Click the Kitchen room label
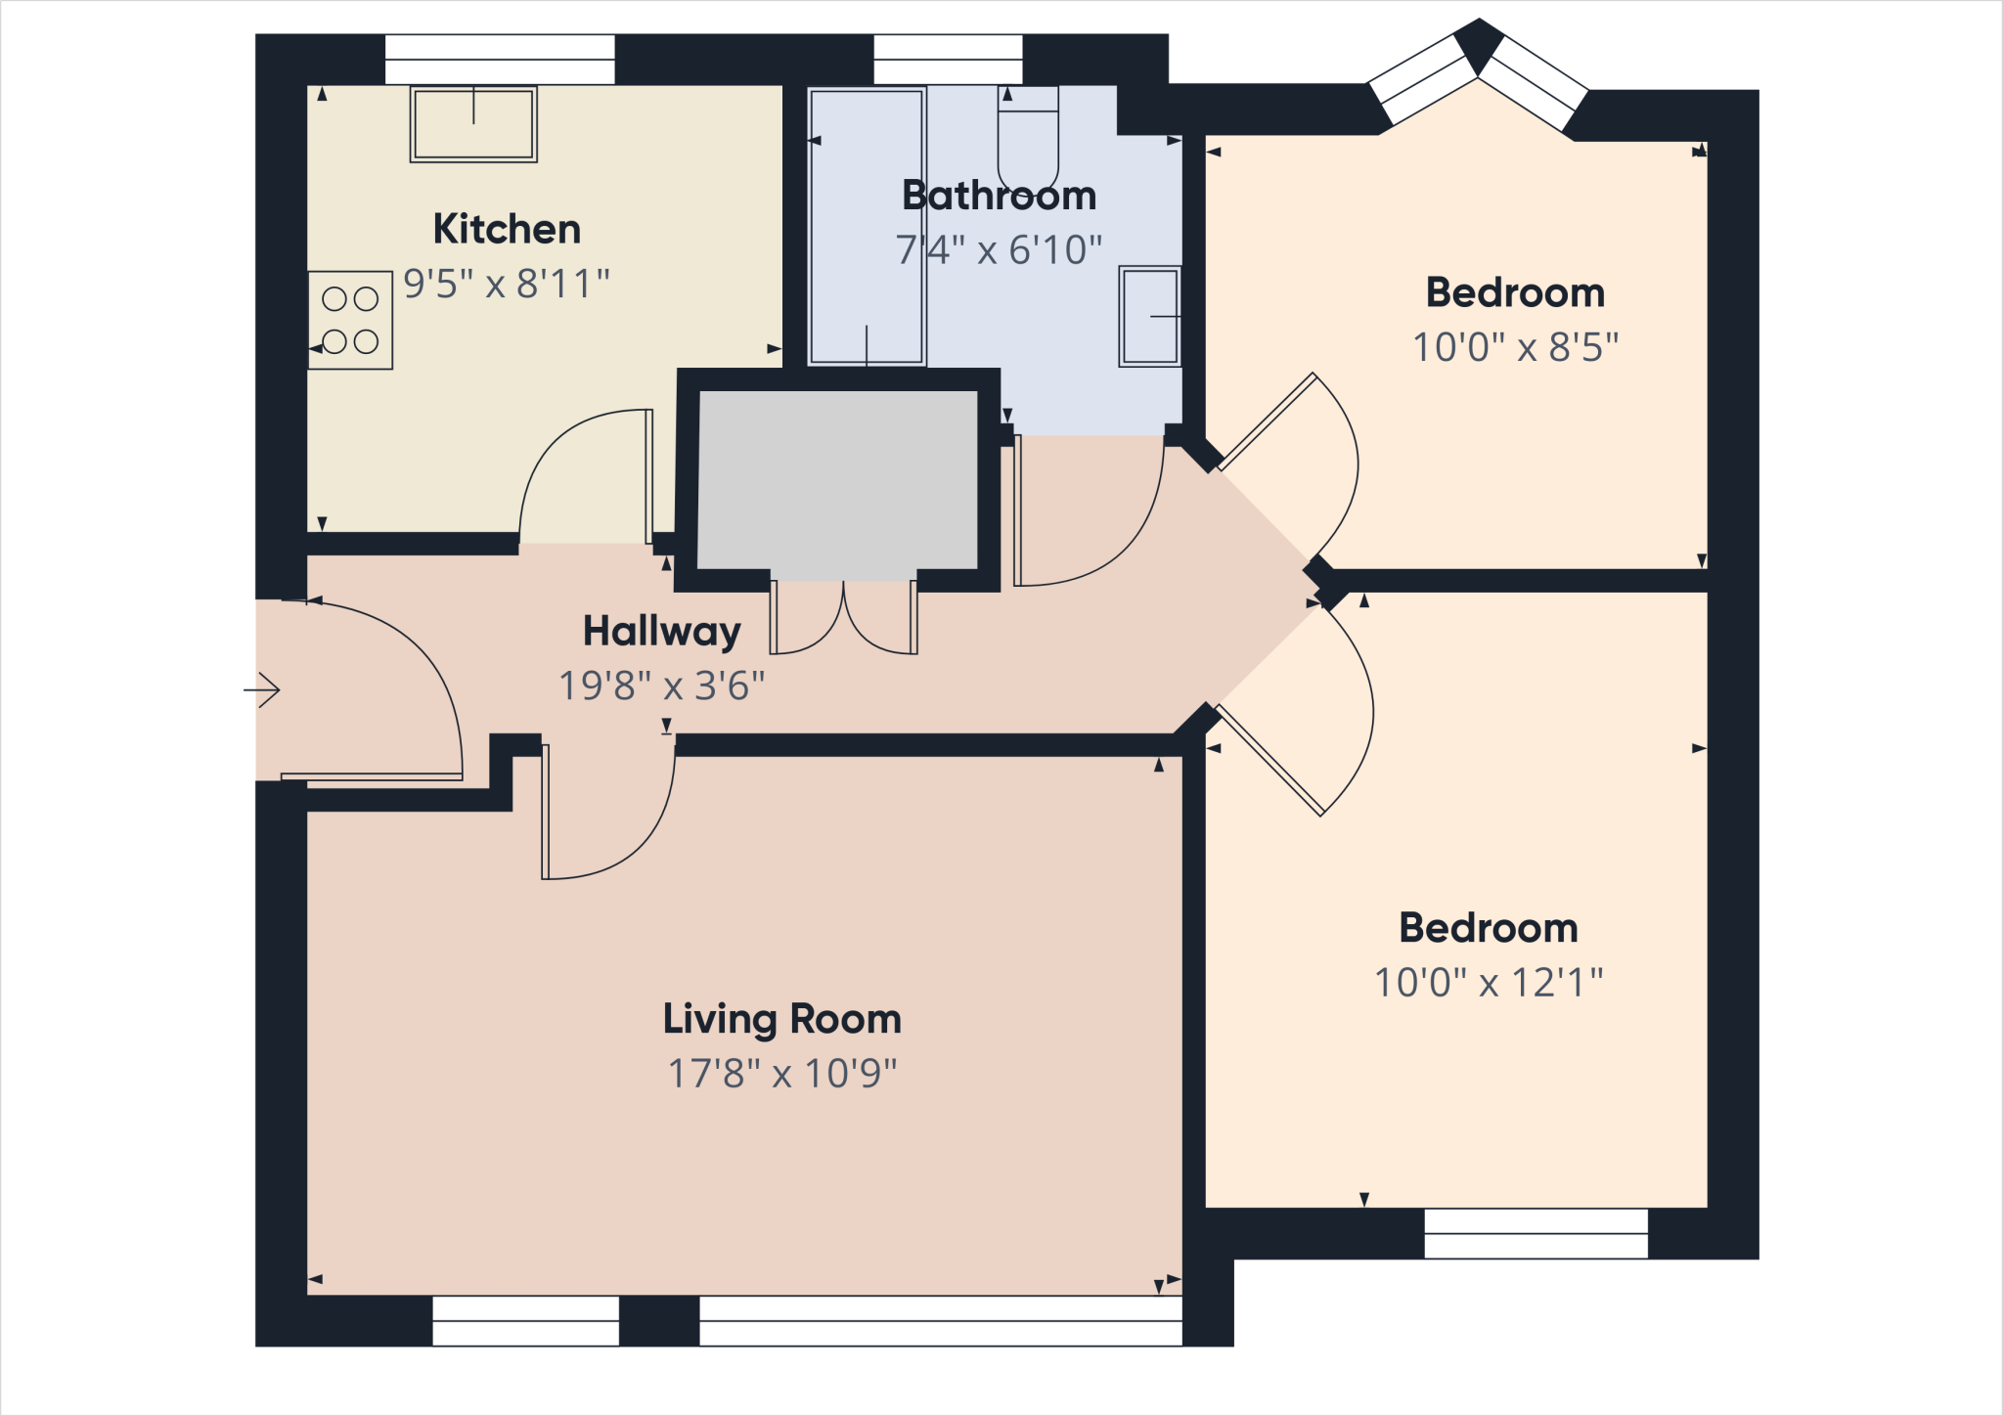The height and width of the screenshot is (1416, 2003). tap(507, 229)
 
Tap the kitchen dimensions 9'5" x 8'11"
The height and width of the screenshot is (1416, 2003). tap(507, 284)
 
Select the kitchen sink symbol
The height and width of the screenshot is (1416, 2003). tap(473, 124)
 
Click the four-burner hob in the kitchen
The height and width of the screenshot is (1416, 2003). tap(350, 320)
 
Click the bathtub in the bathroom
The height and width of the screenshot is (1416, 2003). tap(867, 227)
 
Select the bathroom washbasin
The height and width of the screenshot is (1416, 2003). tap(1150, 317)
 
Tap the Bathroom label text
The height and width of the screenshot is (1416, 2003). tap(999, 195)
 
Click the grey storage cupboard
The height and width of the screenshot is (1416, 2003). tap(838, 479)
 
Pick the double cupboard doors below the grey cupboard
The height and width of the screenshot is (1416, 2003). tap(843, 618)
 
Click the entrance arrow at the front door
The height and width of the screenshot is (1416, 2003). tap(262, 690)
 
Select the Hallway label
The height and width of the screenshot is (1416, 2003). tap(661, 631)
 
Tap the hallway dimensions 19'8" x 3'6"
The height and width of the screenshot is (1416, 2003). tap(661, 686)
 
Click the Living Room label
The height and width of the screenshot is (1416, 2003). tap(781, 1019)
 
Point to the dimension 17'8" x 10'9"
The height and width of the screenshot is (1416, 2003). tap(781, 1074)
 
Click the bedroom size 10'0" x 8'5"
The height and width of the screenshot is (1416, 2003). tap(1515, 347)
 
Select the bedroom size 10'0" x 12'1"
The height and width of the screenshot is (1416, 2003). tap(1489, 983)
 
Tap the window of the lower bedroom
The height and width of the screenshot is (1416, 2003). tap(1536, 1233)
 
